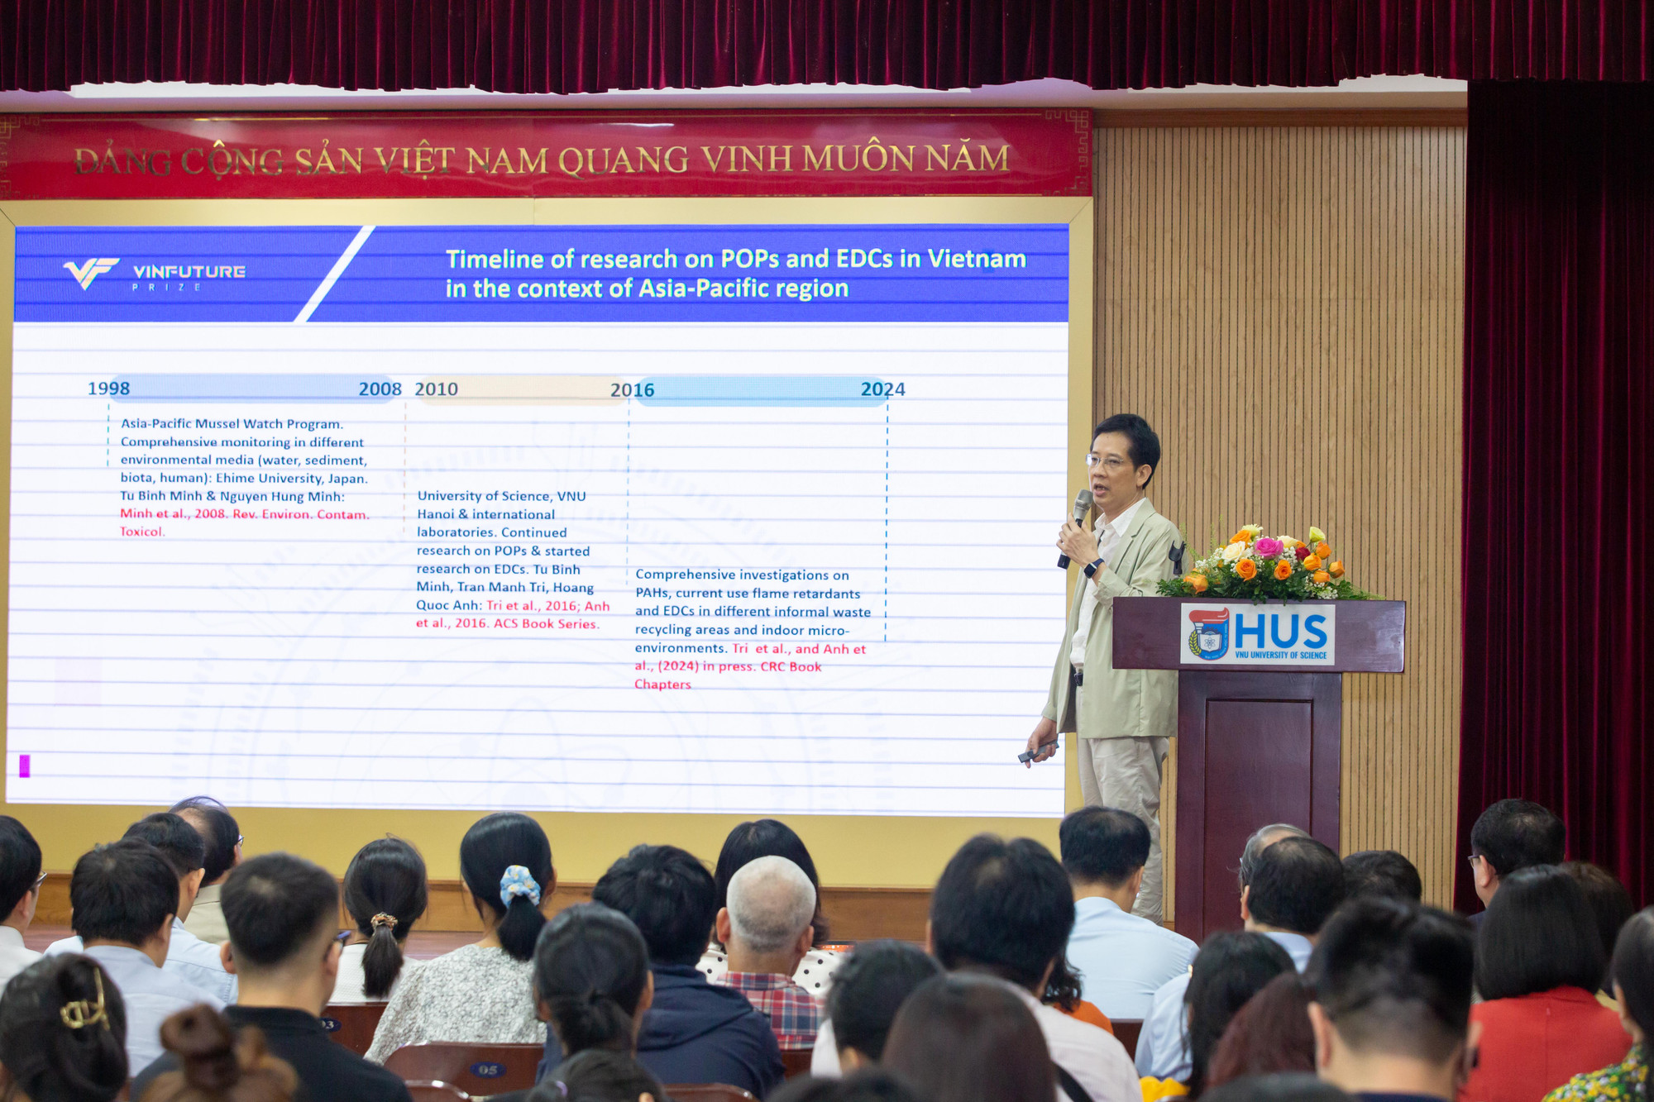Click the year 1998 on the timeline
(108, 389)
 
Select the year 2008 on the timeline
(380, 389)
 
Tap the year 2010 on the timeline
(436, 389)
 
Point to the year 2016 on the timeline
(632, 390)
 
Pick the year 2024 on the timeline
(882, 389)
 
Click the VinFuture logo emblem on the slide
(90, 273)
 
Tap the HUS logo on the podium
(1257, 634)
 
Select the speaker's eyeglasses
(1108, 461)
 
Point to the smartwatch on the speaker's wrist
(1093, 568)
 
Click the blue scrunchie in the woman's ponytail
(519, 885)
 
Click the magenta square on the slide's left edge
(25, 766)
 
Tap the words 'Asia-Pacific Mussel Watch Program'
(232, 424)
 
